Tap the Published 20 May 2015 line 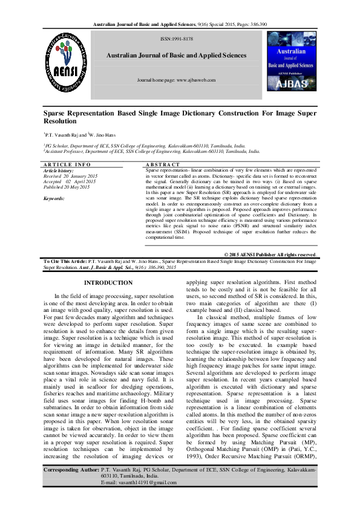[71, 186]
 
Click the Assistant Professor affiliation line [151, 154]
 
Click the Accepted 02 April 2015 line [70, 181]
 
